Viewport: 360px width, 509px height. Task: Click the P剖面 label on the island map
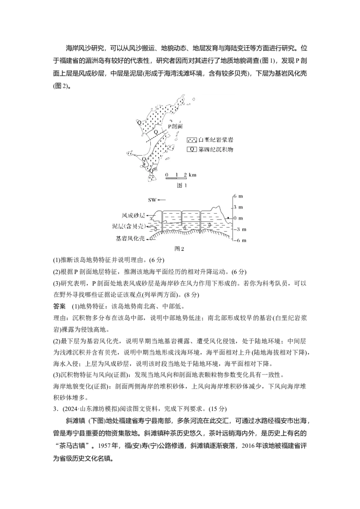click(x=175, y=126)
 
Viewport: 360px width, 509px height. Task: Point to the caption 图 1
click(x=181, y=185)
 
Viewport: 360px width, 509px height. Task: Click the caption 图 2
click(x=180, y=249)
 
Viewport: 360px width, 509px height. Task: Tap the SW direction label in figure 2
click(x=152, y=200)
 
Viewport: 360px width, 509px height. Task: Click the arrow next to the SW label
click(x=162, y=200)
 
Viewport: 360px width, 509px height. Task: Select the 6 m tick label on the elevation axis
click(x=238, y=196)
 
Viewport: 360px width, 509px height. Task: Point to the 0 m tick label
click(x=238, y=218)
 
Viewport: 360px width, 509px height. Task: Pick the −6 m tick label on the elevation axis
click(x=240, y=240)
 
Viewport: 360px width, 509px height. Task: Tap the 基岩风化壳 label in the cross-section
click(x=130, y=239)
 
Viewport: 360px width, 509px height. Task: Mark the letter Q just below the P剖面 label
click(x=156, y=132)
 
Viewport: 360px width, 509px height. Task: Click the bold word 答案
click(x=59, y=307)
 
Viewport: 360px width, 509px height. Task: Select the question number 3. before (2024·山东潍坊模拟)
click(x=55, y=409)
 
